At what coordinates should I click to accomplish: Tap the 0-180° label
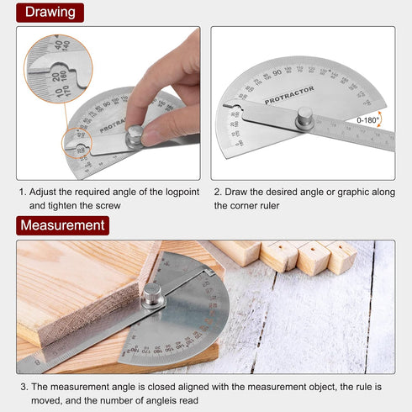pyautogui.click(x=367, y=120)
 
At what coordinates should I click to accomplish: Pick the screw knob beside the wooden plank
pyautogui.click(x=151, y=294)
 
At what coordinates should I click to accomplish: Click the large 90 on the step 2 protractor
pyautogui.click(x=277, y=74)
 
